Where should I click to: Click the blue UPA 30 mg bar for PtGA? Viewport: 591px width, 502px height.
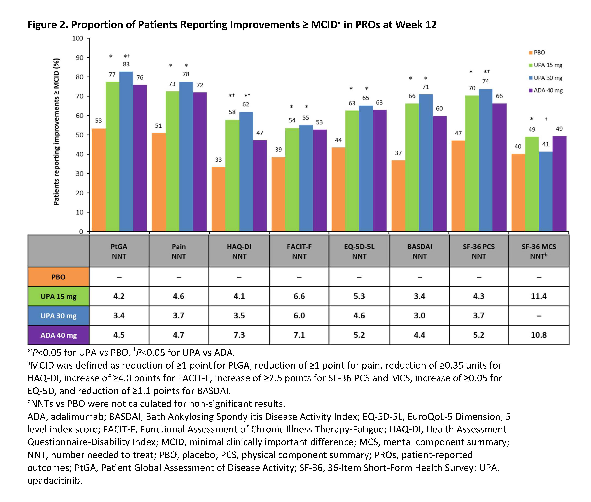pos(126,151)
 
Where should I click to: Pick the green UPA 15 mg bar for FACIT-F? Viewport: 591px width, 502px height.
pos(292,179)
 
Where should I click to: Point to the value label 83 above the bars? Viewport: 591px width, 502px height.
pos(126,64)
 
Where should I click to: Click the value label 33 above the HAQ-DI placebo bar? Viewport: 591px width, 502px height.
pos(218,160)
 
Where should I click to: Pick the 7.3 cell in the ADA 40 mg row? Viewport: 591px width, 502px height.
pos(239,335)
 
